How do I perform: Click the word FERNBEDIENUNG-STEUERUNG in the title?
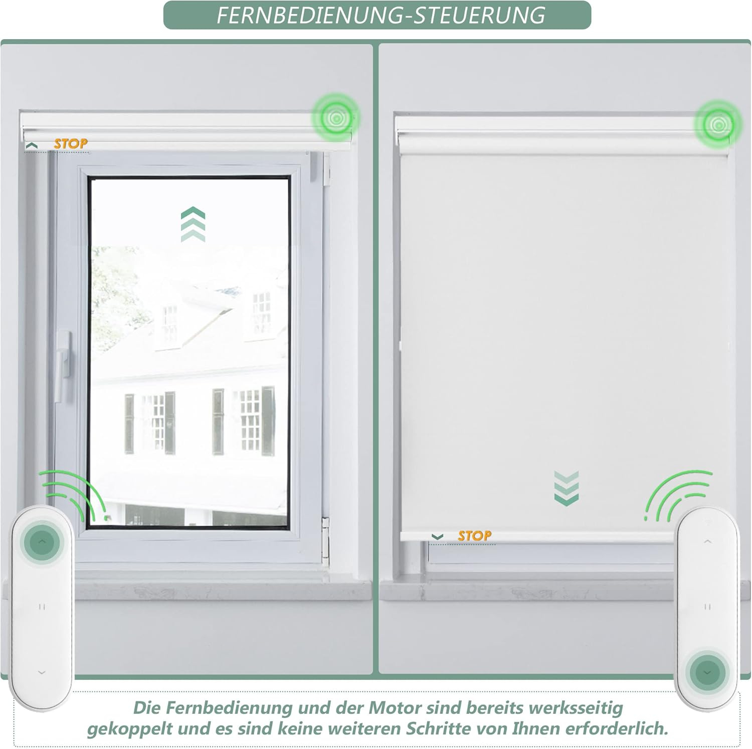pyautogui.click(x=381, y=15)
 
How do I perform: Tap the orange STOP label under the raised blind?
pyautogui.click(x=71, y=144)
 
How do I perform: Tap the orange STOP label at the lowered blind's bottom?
pyautogui.click(x=474, y=536)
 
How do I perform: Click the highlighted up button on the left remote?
pyautogui.click(x=42, y=542)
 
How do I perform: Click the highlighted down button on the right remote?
pyautogui.click(x=707, y=672)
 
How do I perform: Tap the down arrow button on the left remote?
pyautogui.click(x=42, y=672)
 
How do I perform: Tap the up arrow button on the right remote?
pyautogui.click(x=707, y=541)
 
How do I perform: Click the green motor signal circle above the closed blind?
pyautogui.click(x=717, y=123)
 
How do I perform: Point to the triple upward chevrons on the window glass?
pyautogui.click(x=193, y=224)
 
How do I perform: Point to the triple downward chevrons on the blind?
pyautogui.click(x=567, y=487)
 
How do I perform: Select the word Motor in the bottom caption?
pyautogui.click(x=395, y=707)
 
